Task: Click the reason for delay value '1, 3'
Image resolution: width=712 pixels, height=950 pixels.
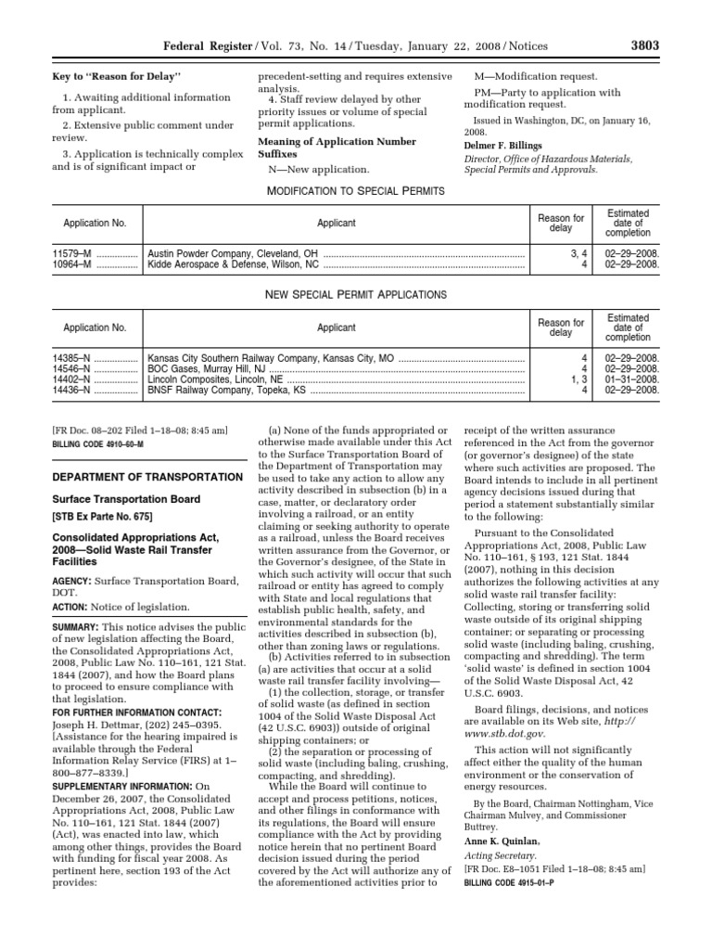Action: [578, 379]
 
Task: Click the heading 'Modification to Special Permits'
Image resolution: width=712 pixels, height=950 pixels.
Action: [356, 190]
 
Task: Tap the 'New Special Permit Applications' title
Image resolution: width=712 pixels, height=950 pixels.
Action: [356, 294]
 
